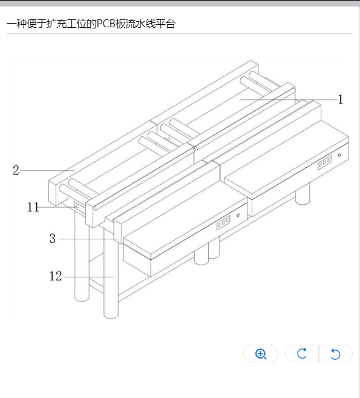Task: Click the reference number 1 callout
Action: pos(341,99)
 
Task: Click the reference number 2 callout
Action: pos(16,170)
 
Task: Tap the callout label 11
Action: pos(33,207)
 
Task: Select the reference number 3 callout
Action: pos(53,238)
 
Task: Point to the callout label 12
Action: pos(56,276)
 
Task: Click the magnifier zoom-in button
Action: pos(261,353)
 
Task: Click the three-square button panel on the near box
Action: pos(223,222)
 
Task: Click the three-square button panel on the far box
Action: pos(324,162)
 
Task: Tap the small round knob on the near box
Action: pos(238,215)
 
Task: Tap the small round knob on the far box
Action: pos(339,155)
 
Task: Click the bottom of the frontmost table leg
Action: pos(111,316)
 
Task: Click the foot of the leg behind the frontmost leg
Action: pos(82,298)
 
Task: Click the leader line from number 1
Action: pos(289,100)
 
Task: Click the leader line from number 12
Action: pos(89,277)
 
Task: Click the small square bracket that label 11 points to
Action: pos(77,205)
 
